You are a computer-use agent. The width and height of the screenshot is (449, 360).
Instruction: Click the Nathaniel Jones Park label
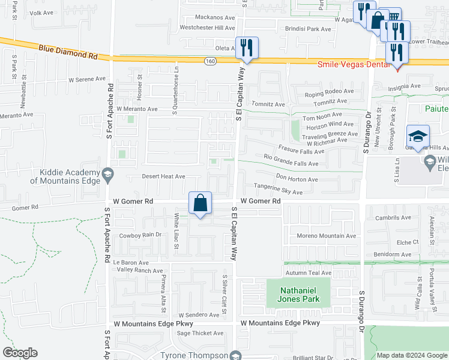[298, 294]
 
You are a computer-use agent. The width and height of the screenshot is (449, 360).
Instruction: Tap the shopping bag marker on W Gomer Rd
[200, 203]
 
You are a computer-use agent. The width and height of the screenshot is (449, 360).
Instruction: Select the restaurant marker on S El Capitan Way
[247, 48]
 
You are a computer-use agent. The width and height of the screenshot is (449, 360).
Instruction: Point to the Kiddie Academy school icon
[107, 175]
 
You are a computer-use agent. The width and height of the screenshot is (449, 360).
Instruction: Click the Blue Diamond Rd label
[67, 51]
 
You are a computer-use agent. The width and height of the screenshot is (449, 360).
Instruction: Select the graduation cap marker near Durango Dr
[418, 136]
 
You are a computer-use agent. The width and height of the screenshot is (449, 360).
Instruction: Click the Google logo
[20, 353]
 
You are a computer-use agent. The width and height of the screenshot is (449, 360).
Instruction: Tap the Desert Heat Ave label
[163, 176]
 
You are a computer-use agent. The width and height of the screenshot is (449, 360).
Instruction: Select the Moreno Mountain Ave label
[327, 236]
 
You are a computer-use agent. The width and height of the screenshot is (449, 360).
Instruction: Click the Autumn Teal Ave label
[309, 272]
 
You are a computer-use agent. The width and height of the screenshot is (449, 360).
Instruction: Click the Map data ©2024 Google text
[412, 355]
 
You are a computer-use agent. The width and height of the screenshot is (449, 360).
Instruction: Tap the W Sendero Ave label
[199, 315]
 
